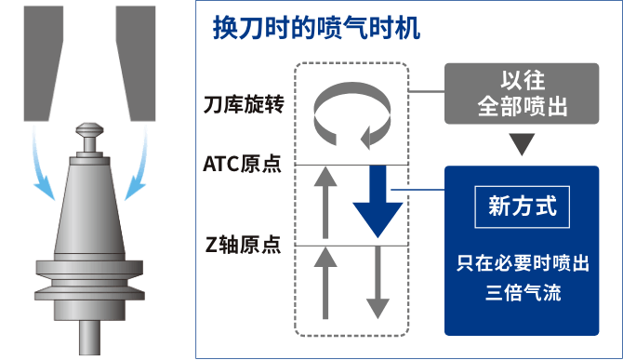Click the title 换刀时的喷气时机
click(x=316, y=28)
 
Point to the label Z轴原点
click(x=244, y=246)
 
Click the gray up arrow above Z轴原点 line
click(x=325, y=205)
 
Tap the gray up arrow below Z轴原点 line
click(x=325, y=283)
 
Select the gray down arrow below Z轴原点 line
click(x=378, y=284)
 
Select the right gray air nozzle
click(x=137, y=60)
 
